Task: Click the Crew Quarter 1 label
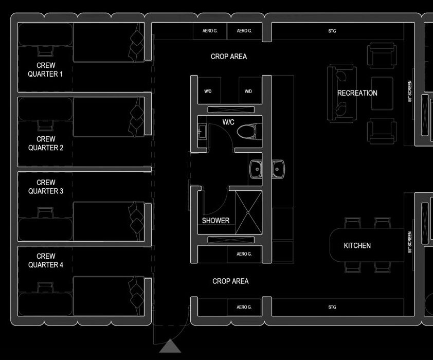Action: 46,69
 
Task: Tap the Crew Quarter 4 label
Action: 46,260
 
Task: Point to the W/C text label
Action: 228,122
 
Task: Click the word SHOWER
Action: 215,221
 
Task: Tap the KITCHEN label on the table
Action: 357,245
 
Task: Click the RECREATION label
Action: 357,93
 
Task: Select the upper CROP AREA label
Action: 229,57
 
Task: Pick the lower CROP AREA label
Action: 230,281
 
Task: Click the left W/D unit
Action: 209,91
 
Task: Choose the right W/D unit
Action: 250,91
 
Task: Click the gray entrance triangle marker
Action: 170,347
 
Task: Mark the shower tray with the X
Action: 248,212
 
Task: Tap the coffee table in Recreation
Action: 382,94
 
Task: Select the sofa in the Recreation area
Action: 341,93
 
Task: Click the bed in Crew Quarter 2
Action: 109,117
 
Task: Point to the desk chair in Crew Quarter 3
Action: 46,212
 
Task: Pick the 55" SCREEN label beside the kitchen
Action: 410,242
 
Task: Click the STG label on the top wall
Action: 332,31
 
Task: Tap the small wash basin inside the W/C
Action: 202,132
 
